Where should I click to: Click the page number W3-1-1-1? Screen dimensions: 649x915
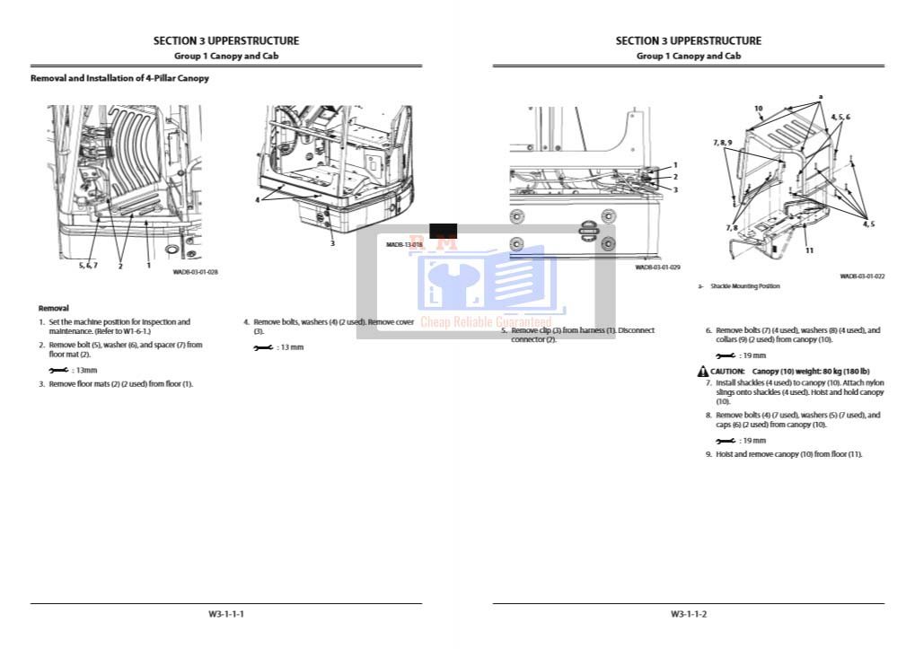(x=226, y=614)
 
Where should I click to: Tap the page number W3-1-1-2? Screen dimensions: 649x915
(x=689, y=614)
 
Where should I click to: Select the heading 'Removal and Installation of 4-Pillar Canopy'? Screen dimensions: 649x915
(x=119, y=78)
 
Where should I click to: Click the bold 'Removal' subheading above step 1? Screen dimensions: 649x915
(x=54, y=308)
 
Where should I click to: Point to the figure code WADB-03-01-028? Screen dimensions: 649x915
(x=195, y=272)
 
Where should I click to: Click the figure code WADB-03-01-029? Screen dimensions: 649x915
(x=657, y=267)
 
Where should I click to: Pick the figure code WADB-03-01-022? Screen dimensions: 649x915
(x=862, y=276)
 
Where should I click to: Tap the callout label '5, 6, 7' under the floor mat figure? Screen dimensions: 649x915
(x=88, y=266)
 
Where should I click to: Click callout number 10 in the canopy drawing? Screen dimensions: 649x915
(x=758, y=109)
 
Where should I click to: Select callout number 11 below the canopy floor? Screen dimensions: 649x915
(x=809, y=250)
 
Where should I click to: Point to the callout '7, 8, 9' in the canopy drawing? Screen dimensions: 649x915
(x=723, y=143)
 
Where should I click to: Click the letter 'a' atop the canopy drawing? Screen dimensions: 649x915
(x=820, y=95)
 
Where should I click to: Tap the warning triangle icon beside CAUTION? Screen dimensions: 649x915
(x=703, y=372)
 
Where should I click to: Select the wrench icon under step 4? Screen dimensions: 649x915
(x=263, y=347)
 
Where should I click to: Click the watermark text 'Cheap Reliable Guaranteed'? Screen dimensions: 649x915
(x=486, y=321)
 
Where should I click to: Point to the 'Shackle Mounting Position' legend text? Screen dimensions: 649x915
(x=745, y=286)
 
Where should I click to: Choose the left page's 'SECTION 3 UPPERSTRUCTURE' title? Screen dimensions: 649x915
(x=226, y=40)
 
